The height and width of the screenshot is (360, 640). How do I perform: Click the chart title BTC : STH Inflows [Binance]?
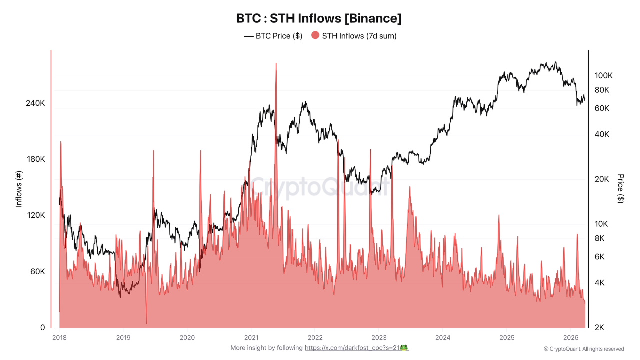(x=319, y=18)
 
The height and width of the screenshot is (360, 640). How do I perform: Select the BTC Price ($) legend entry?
(x=273, y=36)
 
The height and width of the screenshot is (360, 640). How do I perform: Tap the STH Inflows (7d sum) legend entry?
(x=354, y=36)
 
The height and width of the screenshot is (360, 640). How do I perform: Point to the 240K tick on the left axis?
(x=35, y=103)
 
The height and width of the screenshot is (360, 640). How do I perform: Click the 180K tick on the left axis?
(x=35, y=159)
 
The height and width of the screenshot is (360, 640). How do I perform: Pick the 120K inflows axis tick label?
(x=35, y=215)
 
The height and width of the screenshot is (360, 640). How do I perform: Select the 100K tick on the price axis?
(x=603, y=76)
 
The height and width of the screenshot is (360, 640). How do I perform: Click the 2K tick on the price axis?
(x=599, y=328)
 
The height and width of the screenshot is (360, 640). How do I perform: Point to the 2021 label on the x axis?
(x=251, y=338)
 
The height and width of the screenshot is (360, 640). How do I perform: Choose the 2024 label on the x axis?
(x=443, y=338)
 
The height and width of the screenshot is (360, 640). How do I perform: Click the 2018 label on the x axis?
(x=59, y=338)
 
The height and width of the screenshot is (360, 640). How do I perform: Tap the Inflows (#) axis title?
(x=19, y=189)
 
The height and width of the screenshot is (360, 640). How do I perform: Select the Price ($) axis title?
(x=621, y=188)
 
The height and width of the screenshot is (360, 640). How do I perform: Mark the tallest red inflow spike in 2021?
(x=276, y=64)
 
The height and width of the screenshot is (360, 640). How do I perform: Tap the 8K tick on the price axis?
(x=599, y=238)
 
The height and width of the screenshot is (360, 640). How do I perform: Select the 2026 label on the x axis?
(x=571, y=338)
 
